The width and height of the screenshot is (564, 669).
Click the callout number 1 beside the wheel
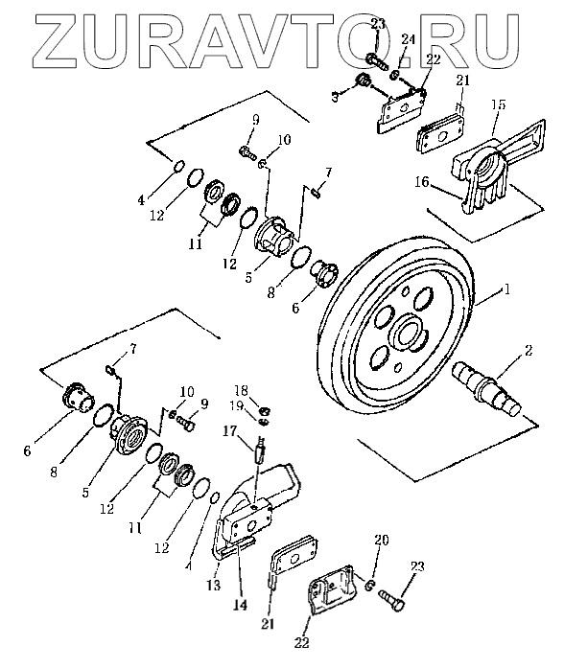[506, 289]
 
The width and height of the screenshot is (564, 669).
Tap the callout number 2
[529, 350]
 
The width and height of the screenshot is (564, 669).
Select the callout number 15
[498, 104]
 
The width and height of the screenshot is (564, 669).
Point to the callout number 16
[421, 182]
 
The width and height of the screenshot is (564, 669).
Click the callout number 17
[229, 431]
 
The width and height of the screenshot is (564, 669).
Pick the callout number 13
[214, 585]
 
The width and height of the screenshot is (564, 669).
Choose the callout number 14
[241, 605]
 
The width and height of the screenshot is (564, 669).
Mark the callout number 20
[381, 541]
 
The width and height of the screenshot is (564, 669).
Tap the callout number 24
[408, 39]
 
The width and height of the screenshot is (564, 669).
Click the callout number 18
[241, 390]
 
